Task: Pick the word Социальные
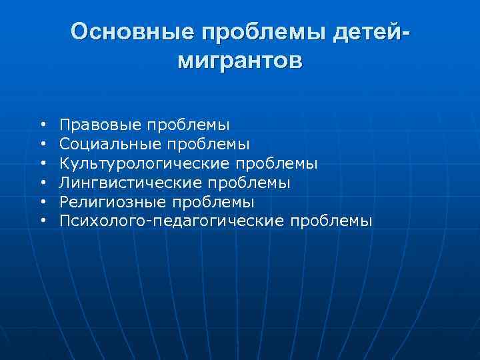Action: [x=102, y=143]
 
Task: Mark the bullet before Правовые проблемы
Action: [x=42, y=125]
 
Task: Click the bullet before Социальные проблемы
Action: [x=42, y=144]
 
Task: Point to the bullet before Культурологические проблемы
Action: [x=42, y=163]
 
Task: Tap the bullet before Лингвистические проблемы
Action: [x=42, y=183]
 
